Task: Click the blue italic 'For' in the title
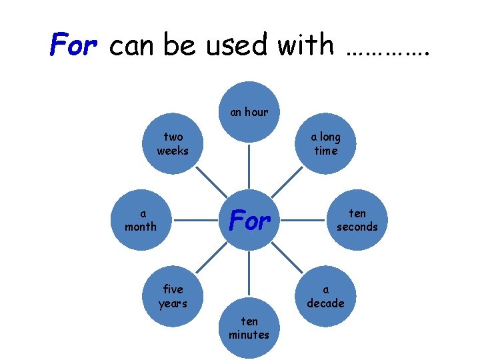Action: pyautogui.click(x=75, y=45)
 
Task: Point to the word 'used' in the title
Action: pyautogui.click(x=234, y=45)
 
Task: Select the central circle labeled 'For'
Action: pyautogui.click(x=249, y=221)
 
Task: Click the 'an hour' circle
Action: pyautogui.click(x=249, y=111)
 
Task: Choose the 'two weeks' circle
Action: pyautogui.click(x=173, y=144)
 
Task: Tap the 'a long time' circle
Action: pyautogui.click(x=325, y=144)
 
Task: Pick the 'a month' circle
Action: pyautogui.click(x=141, y=221)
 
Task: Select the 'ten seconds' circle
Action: pyautogui.click(x=357, y=221)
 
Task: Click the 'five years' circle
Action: pyautogui.click(x=173, y=297)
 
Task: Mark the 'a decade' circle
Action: pyautogui.click(x=325, y=297)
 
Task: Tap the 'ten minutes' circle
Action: pyautogui.click(x=249, y=329)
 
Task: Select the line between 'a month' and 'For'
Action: pyautogui.click(x=195, y=221)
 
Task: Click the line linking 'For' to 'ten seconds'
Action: pyautogui.click(x=303, y=221)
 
